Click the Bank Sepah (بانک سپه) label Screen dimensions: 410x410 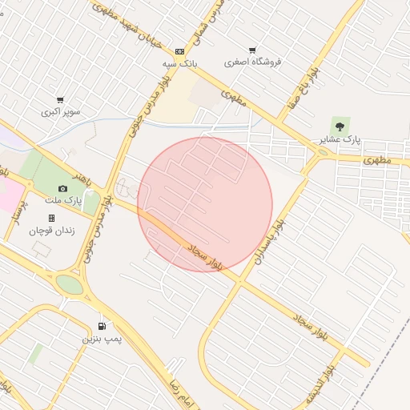click(x=180, y=62)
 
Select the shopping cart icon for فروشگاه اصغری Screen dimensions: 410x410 click(x=252, y=50)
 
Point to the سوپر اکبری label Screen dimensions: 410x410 click(x=61, y=112)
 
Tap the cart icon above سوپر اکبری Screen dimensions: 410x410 click(x=60, y=100)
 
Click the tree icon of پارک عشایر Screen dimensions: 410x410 click(x=340, y=126)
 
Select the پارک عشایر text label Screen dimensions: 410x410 click(x=340, y=139)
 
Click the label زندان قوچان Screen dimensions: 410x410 click(x=52, y=230)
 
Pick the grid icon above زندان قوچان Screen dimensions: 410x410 click(x=51, y=218)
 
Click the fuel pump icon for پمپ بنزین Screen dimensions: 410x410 click(x=102, y=326)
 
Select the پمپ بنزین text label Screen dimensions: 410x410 click(x=102, y=339)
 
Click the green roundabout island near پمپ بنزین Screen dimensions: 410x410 click(x=70, y=284)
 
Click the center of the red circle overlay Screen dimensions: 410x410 click(x=205, y=205)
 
